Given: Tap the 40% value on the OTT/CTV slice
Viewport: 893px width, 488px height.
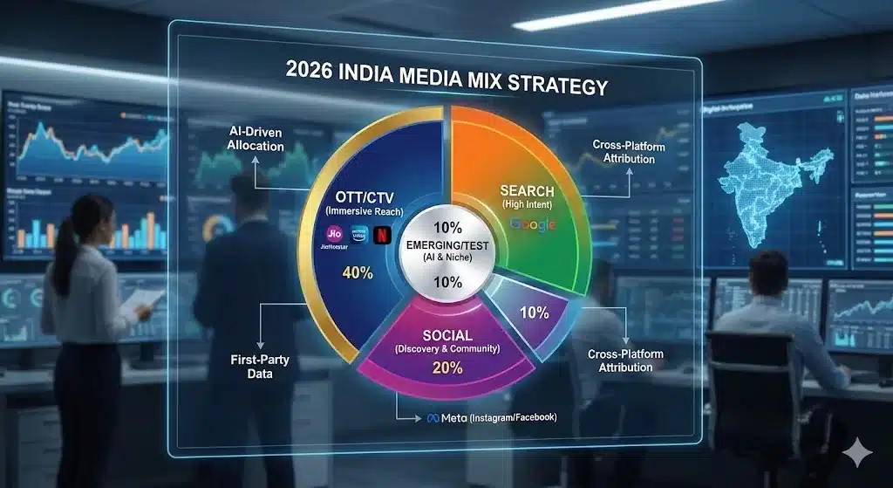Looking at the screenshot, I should (358, 273).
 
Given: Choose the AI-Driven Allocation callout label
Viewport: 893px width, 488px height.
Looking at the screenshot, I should (256, 138).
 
